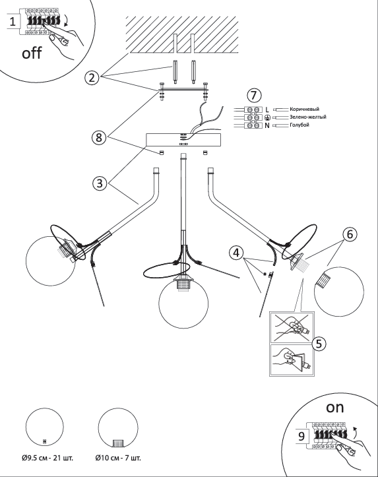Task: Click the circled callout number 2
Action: [92, 78]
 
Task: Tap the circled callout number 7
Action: [254, 95]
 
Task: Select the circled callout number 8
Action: [99, 137]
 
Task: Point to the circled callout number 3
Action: [100, 183]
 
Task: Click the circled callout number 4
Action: [237, 253]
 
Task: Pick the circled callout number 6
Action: [350, 234]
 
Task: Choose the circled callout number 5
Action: [319, 344]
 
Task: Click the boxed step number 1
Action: [13, 22]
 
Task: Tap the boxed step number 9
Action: [301, 436]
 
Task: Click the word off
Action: [32, 53]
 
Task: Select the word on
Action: [335, 408]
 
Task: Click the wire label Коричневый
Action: [304, 110]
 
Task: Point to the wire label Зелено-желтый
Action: [308, 117]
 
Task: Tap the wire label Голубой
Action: [299, 125]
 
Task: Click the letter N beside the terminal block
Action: [267, 125]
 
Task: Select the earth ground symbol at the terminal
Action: [267, 117]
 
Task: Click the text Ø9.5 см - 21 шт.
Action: [47, 457]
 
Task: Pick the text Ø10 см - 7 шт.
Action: [118, 457]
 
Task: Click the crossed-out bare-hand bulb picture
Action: [292, 327]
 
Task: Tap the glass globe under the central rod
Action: [183, 303]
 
